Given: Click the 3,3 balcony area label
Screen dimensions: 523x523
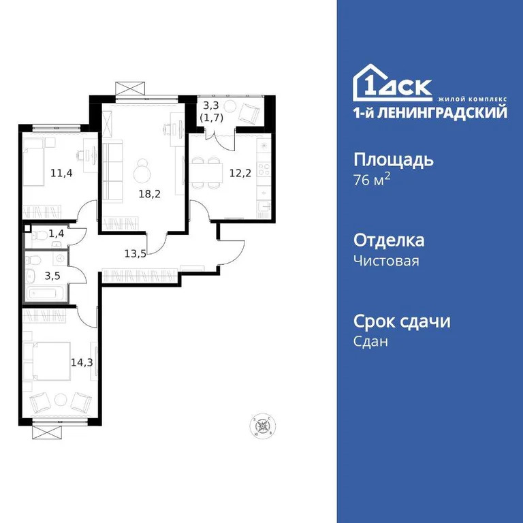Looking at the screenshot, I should tap(211, 106).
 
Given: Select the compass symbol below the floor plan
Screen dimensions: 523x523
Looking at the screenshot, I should tap(261, 426).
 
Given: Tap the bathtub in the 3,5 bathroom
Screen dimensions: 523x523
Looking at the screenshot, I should tap(45, 294).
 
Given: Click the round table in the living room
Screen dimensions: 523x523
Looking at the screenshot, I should tap(143, 168).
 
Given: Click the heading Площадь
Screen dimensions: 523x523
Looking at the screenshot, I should tap(394, 161).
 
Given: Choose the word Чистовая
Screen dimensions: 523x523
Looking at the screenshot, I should tap(386, 261).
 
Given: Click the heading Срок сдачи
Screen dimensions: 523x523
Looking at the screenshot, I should tap(402, 321).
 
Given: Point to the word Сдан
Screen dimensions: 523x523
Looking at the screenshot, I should tap(371, 342).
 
